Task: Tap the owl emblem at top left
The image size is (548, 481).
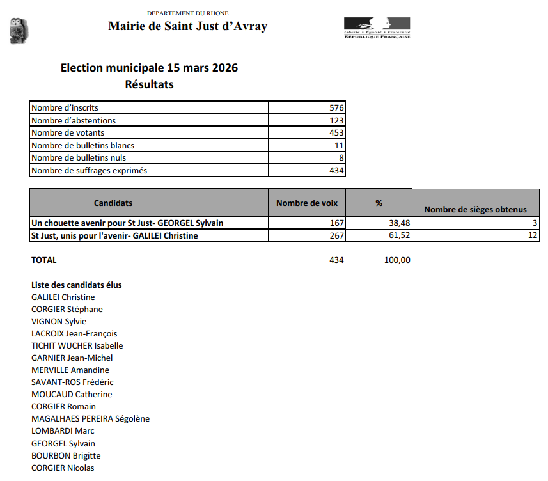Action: tap(19, 31)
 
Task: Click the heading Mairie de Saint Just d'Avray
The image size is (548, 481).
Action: tap(187, 26)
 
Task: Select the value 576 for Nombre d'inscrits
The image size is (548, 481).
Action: tap(337, 108)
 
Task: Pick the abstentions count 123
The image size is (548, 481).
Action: tap(337, 120)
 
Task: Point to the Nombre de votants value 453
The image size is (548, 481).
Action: tap(337, 133)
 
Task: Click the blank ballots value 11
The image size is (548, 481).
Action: tap(340, 145)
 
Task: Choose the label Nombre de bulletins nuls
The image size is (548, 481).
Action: tap(79, 158)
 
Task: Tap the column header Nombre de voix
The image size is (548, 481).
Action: tap(306, 203)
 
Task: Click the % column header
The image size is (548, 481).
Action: tap(379, 203)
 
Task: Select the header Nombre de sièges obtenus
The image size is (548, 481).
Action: tap(475, 209)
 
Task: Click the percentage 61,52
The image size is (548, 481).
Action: tap(398, 235)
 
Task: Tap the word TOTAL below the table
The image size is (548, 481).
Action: tap(44, 260)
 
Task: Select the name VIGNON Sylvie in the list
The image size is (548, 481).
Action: tap(59, 322)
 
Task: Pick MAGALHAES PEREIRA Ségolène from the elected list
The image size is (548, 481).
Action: tap(90, 419)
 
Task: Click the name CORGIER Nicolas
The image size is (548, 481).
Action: tap(63, 468)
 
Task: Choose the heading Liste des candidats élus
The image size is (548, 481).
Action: tap(77, 285)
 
